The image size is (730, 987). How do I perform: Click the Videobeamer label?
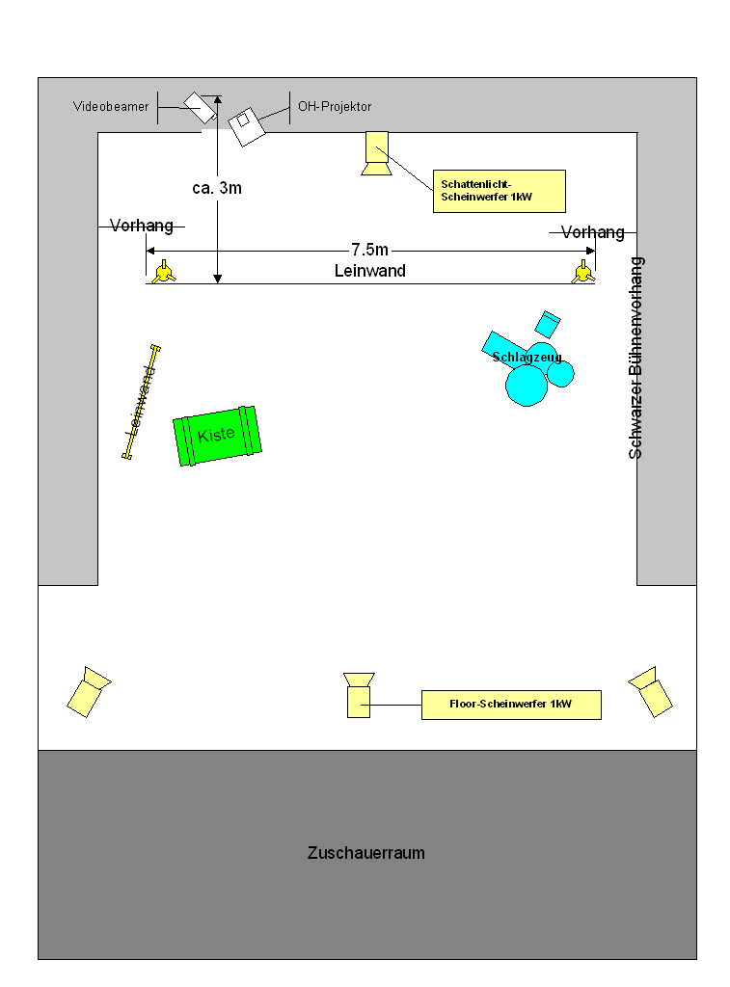pos(111,106)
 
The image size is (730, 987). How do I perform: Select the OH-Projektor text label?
pos(335,106)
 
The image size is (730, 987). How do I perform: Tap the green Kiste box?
pos(217,436)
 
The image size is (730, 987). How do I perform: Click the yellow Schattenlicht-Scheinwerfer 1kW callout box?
pos(499,191)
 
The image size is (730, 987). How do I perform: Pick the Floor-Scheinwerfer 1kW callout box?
pos(511,705)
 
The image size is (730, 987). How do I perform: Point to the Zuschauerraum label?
pos(365,853)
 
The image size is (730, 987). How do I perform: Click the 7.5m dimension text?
pos(369,250)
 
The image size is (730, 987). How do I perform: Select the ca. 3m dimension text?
pos(217,188)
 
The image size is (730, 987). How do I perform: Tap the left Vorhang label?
pos(141,226)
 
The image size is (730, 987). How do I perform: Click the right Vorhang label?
pos(593,232)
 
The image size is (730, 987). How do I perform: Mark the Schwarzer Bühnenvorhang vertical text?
pos(635,358)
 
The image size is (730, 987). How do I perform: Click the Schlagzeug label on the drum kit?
pos(527,357)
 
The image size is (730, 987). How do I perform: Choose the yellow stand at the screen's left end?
pos(164,273)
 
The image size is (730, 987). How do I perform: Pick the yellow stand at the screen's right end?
pos(583,273)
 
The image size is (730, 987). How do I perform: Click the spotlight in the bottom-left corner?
pos(89,692)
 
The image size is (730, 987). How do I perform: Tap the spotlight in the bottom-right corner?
pos(651,692)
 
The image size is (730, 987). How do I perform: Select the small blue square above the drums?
pos(548,324)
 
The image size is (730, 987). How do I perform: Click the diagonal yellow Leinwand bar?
pos(141,402)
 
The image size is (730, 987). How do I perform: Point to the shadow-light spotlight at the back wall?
pos(377,153)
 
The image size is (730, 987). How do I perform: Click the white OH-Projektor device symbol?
pos(246,126)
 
